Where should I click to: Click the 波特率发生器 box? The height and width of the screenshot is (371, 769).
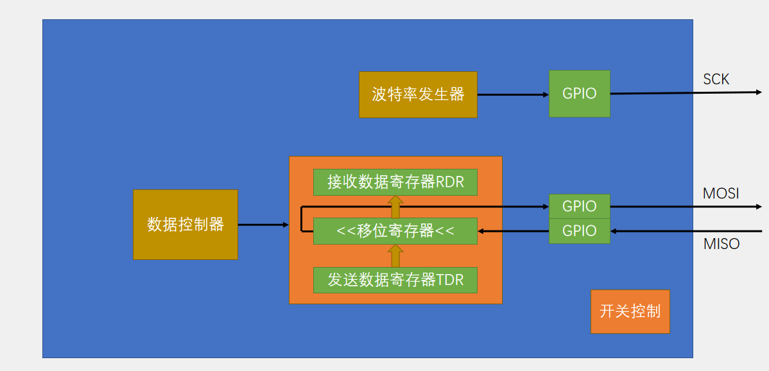click(418, 94)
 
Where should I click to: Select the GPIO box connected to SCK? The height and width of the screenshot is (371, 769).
click(579, 94)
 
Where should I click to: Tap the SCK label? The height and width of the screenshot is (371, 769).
click(716, 80)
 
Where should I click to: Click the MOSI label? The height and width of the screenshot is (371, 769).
click(721, 193)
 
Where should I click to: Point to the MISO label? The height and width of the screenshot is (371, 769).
click(721, 244)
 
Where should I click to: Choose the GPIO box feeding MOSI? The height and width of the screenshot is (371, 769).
click(579, 206)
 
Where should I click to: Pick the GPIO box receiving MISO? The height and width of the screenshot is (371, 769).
click(579, 231)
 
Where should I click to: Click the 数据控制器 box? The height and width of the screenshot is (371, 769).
click(186, 225)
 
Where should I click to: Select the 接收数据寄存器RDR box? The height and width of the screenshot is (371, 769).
click(395, 182)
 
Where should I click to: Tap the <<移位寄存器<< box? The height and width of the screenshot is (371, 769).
click(395, 231)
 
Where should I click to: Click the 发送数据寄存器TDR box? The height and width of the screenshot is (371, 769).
click(395, 280)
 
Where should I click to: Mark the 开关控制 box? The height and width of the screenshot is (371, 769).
click(630, 311)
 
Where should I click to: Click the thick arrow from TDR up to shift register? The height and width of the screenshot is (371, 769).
click(395, 255)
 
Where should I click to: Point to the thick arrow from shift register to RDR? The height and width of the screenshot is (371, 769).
click(395, 207)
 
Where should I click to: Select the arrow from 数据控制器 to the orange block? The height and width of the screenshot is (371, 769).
click(263, 225)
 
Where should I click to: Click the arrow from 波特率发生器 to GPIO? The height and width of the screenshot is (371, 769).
click(513, 95)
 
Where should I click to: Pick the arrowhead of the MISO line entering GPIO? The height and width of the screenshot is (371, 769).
click(614, 231)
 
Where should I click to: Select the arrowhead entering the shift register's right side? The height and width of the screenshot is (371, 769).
click(481, 231)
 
